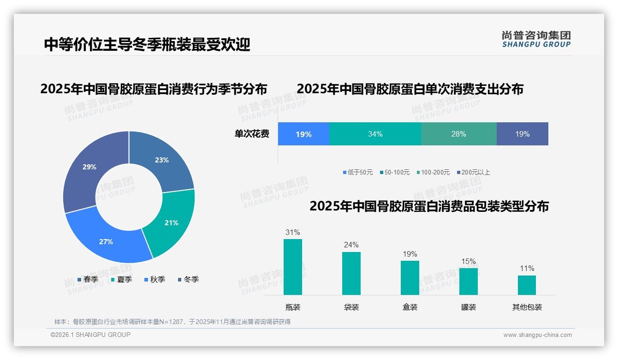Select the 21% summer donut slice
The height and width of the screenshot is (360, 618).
point(171,222)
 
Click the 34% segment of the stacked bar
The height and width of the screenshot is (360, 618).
point(375,134)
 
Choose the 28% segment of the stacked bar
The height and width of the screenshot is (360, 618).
point(458,134)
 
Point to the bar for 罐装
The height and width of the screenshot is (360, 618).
point(469,281)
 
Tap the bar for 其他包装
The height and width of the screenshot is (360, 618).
point(527,285)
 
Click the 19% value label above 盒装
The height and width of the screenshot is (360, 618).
point(410,254)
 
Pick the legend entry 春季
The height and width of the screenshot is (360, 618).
point(88,279)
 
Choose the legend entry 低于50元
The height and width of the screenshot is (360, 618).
point(357,172)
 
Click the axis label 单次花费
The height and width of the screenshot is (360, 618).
point(252,134)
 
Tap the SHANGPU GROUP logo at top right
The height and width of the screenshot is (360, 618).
point(536,39)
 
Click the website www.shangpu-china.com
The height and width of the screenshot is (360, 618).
point(537,335)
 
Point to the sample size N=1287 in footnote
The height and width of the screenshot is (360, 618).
point(173,322)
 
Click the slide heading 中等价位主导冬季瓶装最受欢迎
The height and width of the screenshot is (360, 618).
point(147,44)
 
